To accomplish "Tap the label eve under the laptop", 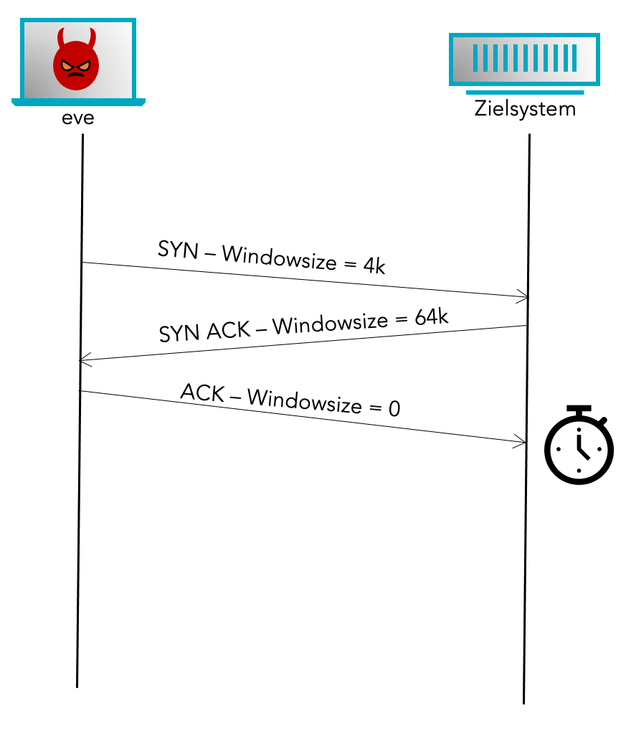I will (78, 118).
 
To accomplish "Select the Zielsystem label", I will (525, 110).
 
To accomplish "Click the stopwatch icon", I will (579, 446).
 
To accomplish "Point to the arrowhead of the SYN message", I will (525, 297).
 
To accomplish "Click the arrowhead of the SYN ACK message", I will (83, 361).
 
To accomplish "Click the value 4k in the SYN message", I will (374, 267).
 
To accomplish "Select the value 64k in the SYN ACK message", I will (432, 316).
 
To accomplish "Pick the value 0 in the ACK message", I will (394, 409).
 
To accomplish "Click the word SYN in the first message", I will (176, 250).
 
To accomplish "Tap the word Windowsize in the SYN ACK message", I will (330, 324).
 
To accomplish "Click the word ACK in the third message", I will (201, 393).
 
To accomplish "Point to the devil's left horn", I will (61, 37).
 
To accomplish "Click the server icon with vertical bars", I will (524, 58).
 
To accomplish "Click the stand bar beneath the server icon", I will (524, 93).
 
